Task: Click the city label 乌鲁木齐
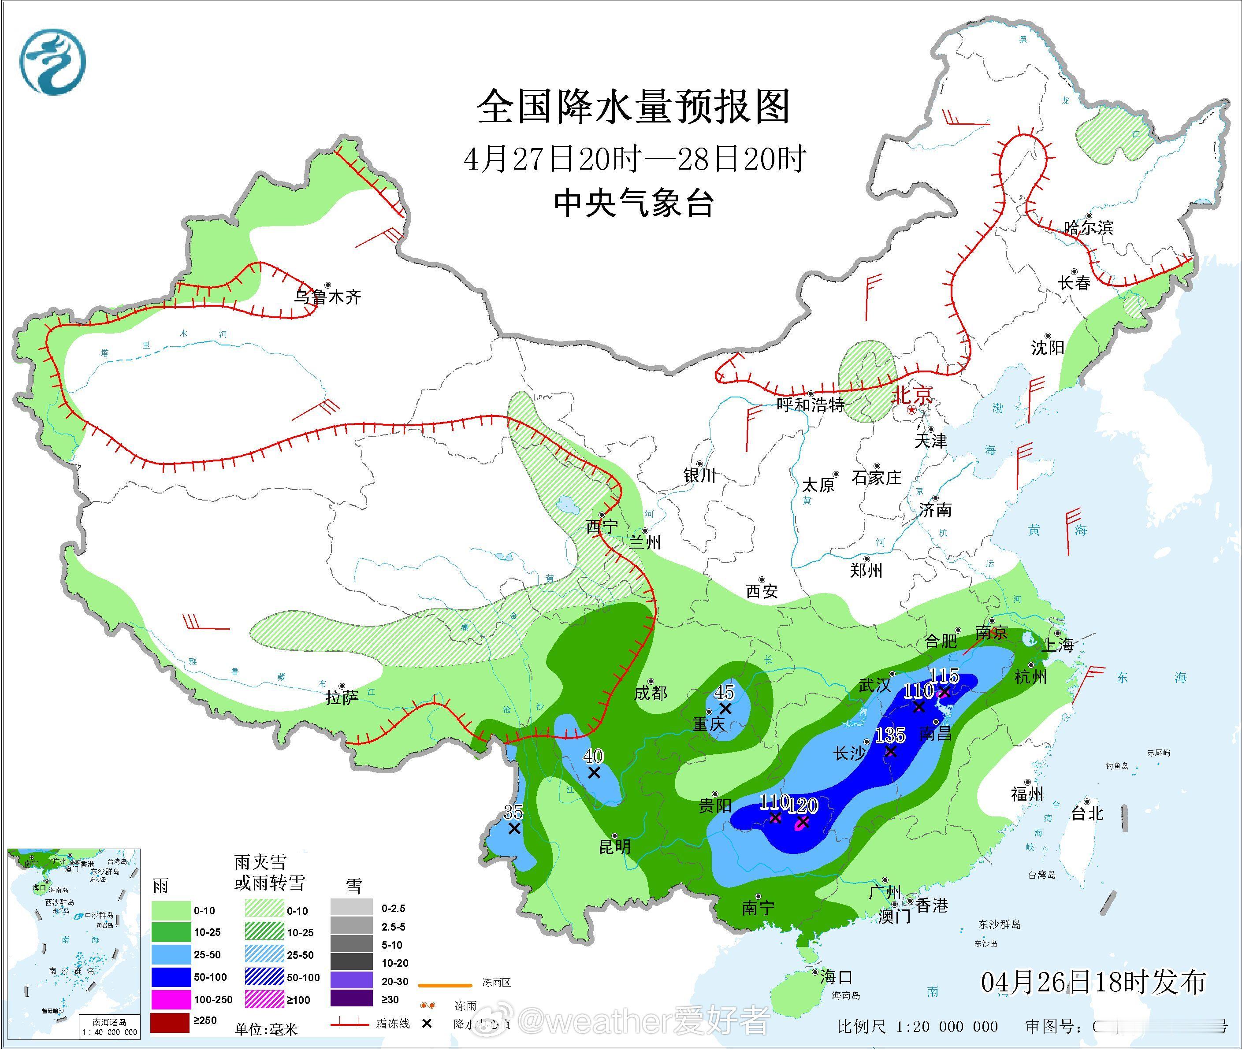[x=327, y=297]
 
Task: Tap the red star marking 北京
[x=911, y=410]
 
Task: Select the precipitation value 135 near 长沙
[x=890, y=735]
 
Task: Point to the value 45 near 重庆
[x=724, y=692]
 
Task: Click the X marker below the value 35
[x=514, y=828]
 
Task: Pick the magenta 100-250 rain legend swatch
[x=170, y=999]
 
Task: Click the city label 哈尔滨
[x=1088, y=227]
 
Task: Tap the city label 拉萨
[x=342, y=698]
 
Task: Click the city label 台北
[x=1087, y=813]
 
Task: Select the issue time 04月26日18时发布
[x=1093, y=982]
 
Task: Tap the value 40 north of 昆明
[x=593, y=756]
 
